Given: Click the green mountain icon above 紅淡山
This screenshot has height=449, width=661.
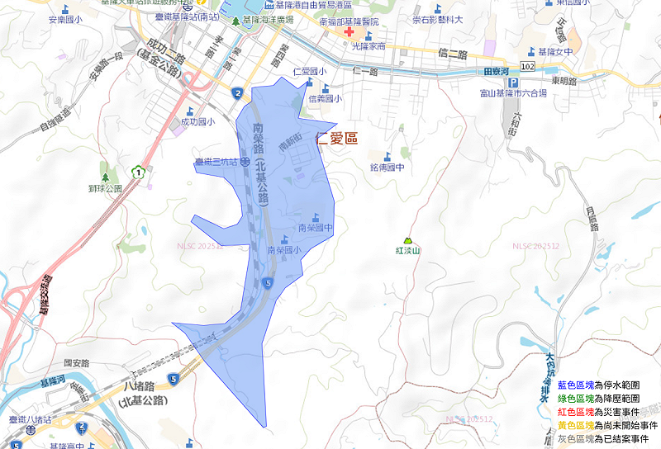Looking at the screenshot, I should pos(407,239).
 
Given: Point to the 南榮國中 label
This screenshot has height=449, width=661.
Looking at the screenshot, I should pos(315,227).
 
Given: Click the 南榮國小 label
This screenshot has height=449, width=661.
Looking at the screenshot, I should pos(283,249).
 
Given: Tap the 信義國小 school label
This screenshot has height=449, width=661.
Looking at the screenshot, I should pos(325,98).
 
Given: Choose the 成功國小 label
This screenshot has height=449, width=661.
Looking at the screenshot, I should pos(197,122).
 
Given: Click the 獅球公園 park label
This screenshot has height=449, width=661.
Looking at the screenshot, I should pos(105,188).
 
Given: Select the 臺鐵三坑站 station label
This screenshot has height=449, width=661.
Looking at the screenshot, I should pos(216,163).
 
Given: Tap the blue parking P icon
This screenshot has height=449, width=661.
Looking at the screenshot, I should pos(511,83).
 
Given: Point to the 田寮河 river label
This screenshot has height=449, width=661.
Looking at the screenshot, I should pos(497,73).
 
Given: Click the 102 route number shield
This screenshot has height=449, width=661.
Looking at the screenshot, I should pos(527,64).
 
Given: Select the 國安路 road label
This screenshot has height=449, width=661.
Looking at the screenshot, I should pos(75,362).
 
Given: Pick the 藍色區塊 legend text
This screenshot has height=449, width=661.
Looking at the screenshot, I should pos(575,385).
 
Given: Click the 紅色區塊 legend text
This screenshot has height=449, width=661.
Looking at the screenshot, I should pos(575,411).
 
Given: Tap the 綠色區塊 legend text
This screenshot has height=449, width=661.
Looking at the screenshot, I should pos(575,399).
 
